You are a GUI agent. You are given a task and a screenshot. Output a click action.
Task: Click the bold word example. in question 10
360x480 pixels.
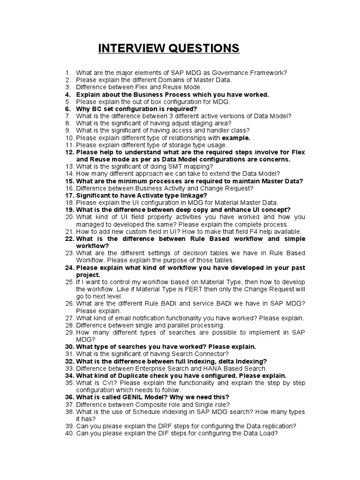point(236,138)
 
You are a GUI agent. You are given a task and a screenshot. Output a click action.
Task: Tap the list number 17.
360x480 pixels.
point(69,195)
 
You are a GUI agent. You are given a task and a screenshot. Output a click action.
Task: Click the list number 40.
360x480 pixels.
point(69,434)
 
